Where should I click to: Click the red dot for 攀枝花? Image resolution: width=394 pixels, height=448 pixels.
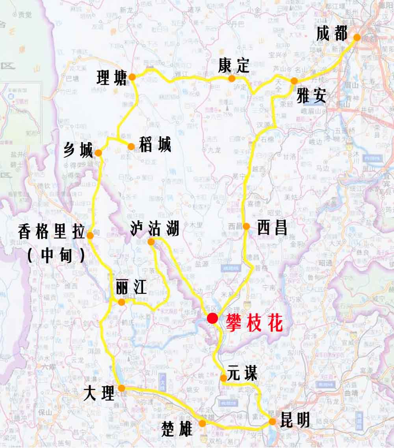tap(213, 318)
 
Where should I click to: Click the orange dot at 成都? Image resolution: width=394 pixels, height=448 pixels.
tap(357, 37)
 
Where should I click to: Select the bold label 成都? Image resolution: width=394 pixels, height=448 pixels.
tap(332, 34)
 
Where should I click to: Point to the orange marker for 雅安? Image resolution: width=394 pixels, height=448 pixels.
tap(294, 81)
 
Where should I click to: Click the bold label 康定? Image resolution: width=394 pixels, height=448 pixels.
tap(234, 65)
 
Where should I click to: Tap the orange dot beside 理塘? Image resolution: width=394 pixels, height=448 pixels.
tap(132, 77)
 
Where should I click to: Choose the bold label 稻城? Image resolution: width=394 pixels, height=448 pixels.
tap(155, 145)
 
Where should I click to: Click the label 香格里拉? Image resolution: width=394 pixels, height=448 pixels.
tap(51, 232)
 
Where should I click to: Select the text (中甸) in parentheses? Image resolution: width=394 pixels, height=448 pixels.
tap(56, 256)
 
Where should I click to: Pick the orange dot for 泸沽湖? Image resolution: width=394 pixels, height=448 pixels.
tap(151, 242)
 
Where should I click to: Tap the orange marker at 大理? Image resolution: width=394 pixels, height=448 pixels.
tap(122, 388)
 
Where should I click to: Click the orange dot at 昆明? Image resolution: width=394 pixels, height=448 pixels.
tap(273, 422)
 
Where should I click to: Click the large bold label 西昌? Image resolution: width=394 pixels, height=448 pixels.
tap(272, 228)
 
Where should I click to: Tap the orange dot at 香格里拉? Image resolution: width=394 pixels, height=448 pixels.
tap(90, 236)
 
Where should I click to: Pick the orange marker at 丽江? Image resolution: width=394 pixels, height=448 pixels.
tap(122, 302)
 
